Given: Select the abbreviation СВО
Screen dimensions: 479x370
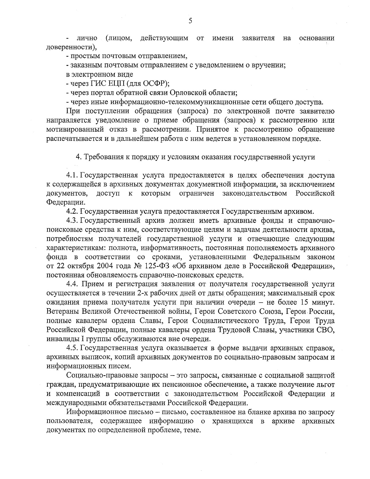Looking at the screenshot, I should pos(326,330).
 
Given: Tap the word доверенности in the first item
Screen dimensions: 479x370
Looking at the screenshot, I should pos(70,48).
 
